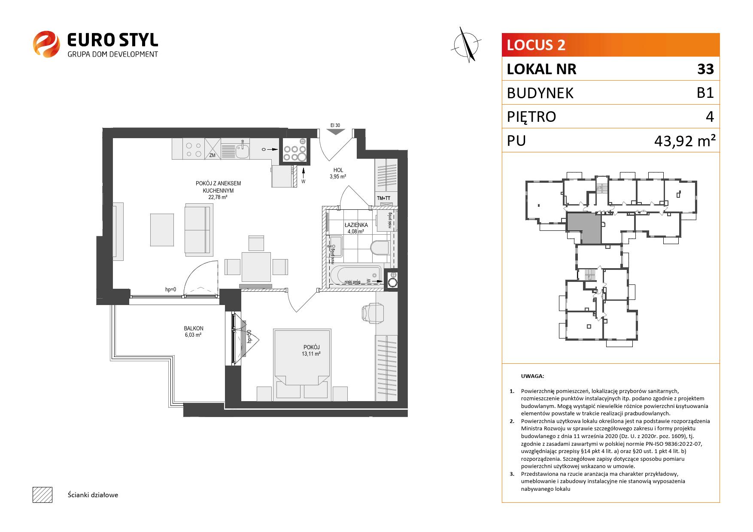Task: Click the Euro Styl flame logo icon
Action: [x=47, y=44]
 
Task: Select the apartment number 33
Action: [x=705, y=69]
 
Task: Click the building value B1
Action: [x=705, y=93]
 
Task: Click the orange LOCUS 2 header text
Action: [x=536, y=45]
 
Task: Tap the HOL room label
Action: [x=338, y=170]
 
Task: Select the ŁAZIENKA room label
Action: [x=356, y=225]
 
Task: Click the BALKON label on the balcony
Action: [x=193, y=328]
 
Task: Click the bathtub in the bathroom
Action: [x=355, y=275]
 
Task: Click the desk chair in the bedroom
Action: [x=372, y=312]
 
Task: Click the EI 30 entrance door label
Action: [x=335, y=125]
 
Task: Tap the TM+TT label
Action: [x=383, y=198]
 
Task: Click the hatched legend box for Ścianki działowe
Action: [x=43, y=495]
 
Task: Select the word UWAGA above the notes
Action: [x=532, y=376]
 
